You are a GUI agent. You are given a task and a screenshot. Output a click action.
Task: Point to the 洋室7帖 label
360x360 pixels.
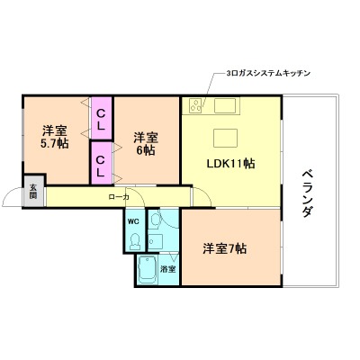tap(224, 247)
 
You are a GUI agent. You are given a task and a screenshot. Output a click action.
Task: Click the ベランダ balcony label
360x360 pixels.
tap(307, 193)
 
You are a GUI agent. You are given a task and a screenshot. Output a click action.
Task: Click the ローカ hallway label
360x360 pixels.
tap(118, 196)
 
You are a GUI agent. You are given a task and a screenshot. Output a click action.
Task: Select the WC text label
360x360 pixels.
tap(132, 220)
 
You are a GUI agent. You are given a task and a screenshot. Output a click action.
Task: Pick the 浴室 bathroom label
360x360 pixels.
tap(166, 268)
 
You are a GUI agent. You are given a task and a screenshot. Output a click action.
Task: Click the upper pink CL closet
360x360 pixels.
tap(102, 114)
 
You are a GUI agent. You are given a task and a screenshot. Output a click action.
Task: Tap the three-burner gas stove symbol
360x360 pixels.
tap(195, 106)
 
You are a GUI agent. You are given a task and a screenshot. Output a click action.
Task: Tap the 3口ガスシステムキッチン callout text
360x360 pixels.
tap(267, 73)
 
